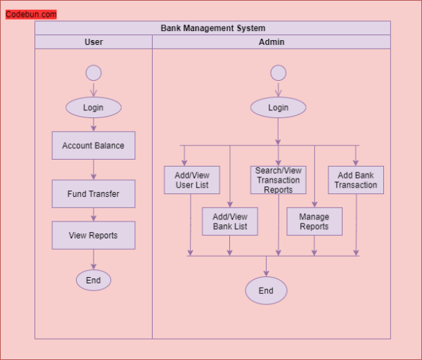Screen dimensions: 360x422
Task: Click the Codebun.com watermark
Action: tap(31, 14)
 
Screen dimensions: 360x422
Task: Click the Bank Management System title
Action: tap(212, 28)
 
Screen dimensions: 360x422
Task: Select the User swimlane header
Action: tap(94, 42)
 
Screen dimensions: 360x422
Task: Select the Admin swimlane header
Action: tap(271, 42)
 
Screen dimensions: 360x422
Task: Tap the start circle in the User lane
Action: tap(94, 72)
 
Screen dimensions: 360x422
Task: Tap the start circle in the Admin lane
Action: tap(279, 72)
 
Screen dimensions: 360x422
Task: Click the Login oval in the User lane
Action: tap(94, 108)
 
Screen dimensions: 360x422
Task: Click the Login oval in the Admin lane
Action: tap(279, 108)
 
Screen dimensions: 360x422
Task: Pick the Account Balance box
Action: tap(94, 146)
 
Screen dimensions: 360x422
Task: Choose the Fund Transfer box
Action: tap(94, 193)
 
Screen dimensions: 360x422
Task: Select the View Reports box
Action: tap(94, 236)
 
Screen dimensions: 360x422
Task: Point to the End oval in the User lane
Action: tap(94, 280)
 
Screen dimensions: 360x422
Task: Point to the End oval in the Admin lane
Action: tap(266, 290)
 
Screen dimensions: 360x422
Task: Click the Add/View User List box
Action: tap(192, 180)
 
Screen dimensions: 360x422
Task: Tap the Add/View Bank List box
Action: tap(230, 221)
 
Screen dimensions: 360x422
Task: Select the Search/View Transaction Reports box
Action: tap(279, 180)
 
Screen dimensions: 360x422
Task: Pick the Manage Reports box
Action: tap(314, 221)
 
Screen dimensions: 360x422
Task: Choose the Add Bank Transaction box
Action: tap(356, 180)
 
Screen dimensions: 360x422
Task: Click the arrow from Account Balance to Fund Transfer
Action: tap(94, 169)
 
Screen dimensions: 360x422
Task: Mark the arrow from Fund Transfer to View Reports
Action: tap(94, 214)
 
